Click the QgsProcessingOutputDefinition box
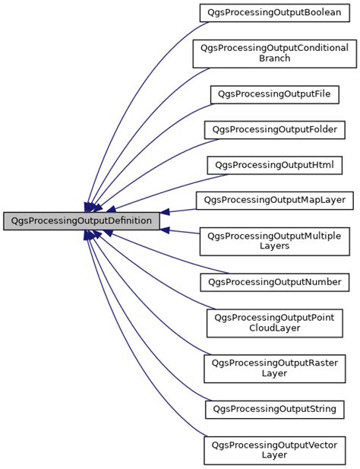81,221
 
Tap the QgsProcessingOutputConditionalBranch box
274,53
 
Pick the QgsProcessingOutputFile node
274,94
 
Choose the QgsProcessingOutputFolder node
274,129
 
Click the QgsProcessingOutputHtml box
274,165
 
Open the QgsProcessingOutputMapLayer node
274,201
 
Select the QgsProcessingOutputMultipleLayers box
274,241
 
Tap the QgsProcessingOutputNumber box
274,282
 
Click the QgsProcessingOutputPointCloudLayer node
274,322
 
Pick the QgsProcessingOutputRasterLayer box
274,368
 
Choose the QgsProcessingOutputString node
274,409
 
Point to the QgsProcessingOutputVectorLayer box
274,449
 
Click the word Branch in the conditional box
274,59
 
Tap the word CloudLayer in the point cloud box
274,328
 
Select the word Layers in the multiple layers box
274,247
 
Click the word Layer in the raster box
274,374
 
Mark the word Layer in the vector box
274,455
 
